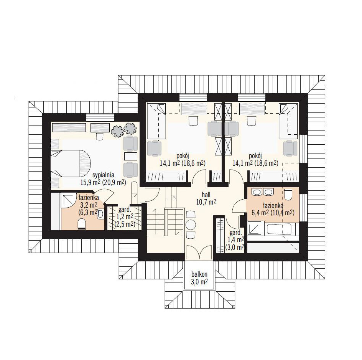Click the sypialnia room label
(x=103, y=175)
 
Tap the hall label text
(x=206, y=195)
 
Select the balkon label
(x=199, y=274)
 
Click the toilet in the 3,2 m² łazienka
(x=82, y=225)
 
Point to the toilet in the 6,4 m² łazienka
(x=288, y=195)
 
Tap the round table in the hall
(x=191, y=225)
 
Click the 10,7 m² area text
(x=206, y=202)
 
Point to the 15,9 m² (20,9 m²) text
(x=103, y=183)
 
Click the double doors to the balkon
(x=199, y=253)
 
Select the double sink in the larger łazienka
(x=261, y=192)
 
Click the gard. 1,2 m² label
(x=125, y=217)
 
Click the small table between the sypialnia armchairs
(x=131, y=156)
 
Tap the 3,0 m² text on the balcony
(x=199, y=282)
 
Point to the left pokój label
(x=183, y=155)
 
